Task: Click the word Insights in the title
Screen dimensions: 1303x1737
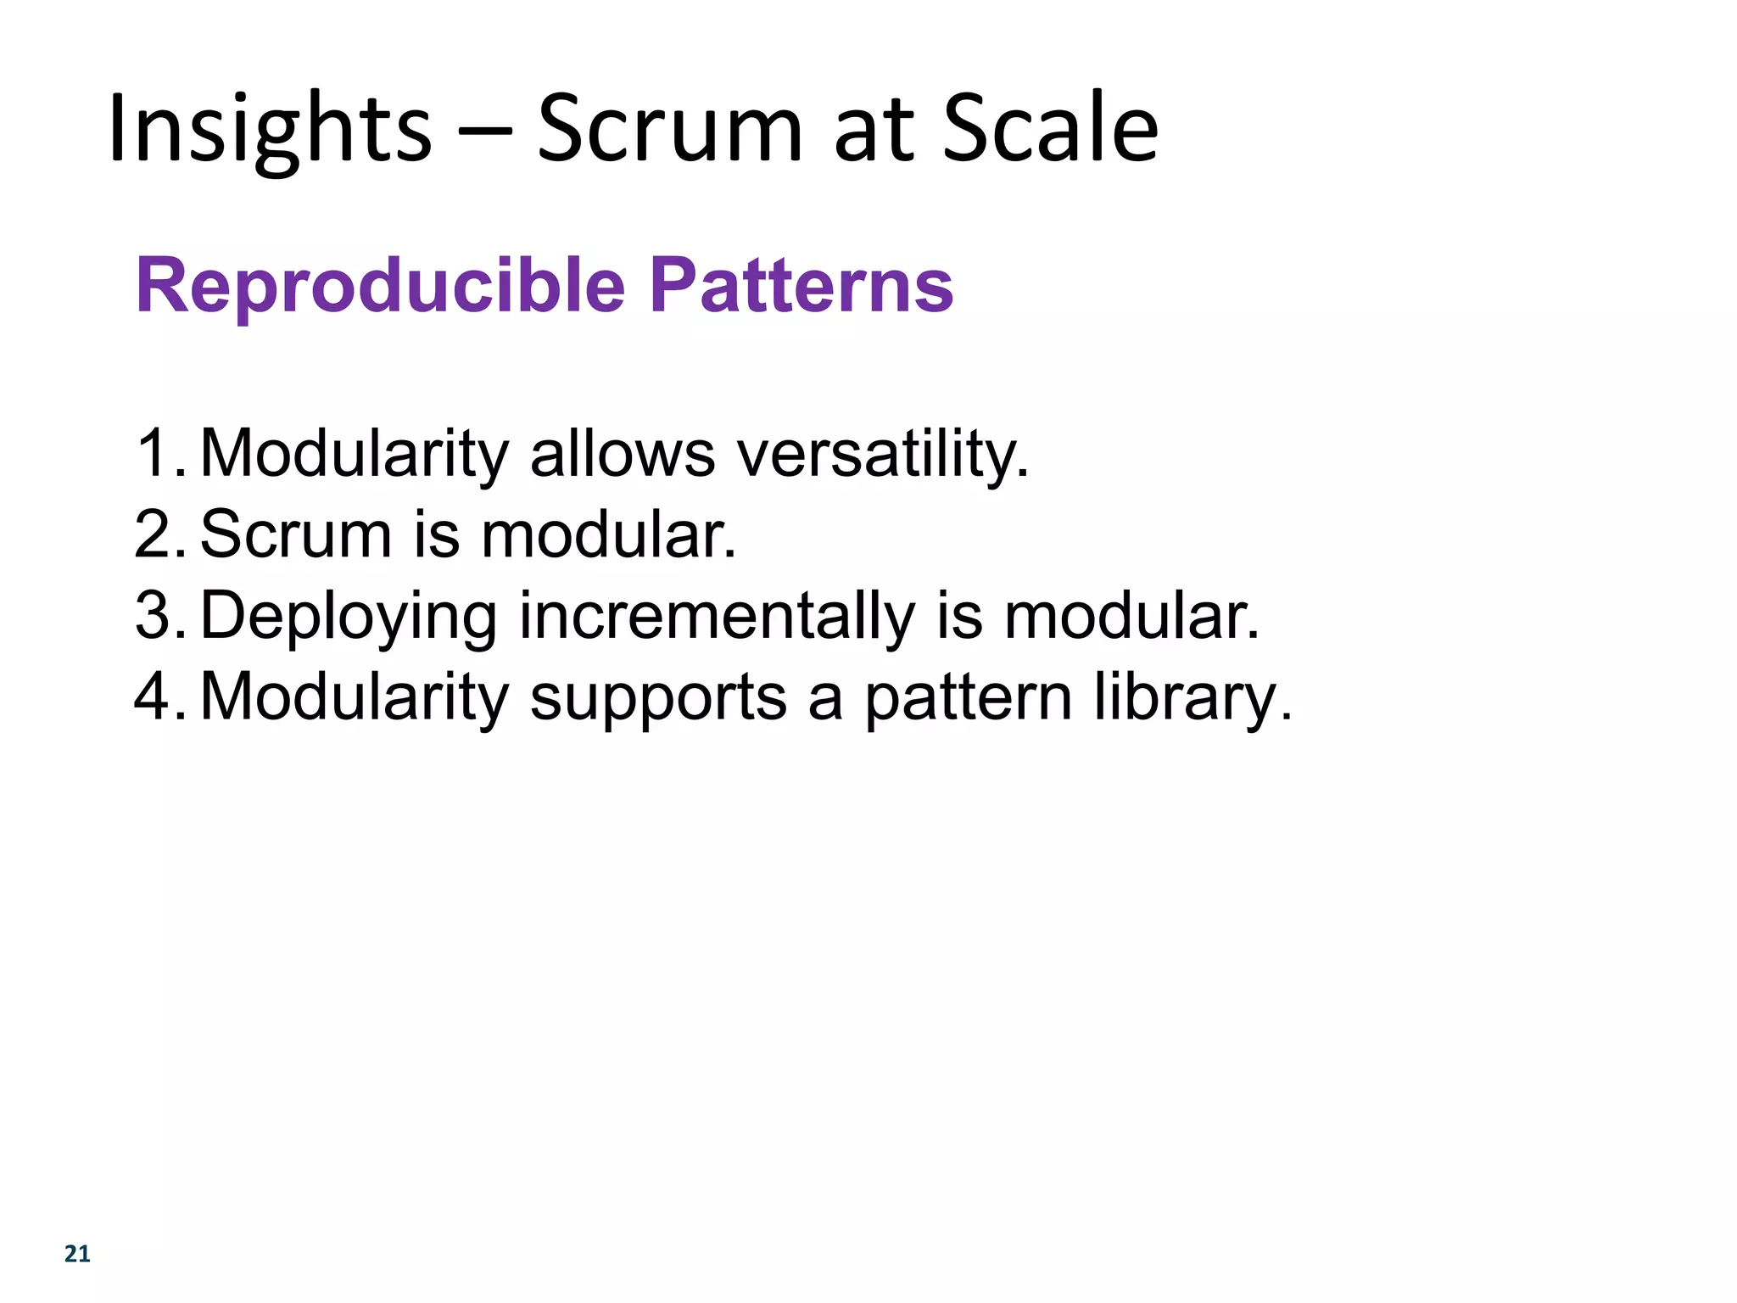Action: coord(270,129)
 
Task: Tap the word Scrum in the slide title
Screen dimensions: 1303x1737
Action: coord(669,129)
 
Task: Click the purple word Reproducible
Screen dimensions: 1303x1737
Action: coord(380,286)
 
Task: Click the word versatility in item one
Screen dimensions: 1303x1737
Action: coord(883,453)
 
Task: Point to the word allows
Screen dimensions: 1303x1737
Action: coord(623,453)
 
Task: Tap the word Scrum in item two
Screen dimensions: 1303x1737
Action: coord(296,534)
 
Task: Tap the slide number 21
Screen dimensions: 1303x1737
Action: coord(77,1254)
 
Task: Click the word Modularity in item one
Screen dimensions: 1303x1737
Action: coord(354,453)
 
